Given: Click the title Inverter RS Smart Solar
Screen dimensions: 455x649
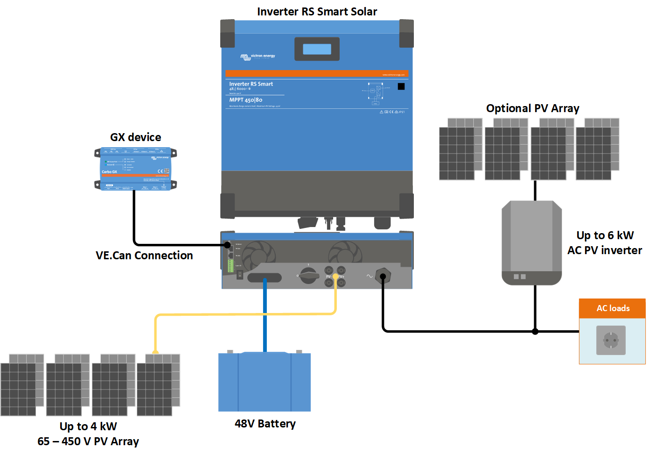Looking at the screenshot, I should tap(317, 12).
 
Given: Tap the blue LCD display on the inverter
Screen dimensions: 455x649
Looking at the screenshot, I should tap(317, 49).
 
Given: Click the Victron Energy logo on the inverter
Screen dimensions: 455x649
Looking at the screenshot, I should tap(258, 57).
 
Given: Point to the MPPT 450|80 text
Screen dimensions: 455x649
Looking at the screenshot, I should tap(246, 100).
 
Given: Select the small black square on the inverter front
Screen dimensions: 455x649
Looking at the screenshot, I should tap(401, 86).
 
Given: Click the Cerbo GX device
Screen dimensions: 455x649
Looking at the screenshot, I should tap(135, 169).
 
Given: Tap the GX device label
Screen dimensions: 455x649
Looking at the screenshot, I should tap(135, 137).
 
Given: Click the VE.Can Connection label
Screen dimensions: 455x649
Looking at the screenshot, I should tap(144, 256).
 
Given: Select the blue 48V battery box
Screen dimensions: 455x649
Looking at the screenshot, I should tap(265, 382).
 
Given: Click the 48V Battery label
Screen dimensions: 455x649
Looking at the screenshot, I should tap(265, 424).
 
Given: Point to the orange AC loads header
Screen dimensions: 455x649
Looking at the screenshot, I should tap(612, 308).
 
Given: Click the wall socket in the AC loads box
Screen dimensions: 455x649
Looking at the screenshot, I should tap(611, 341).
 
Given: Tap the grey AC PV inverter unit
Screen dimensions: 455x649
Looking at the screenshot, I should tap(531, 242).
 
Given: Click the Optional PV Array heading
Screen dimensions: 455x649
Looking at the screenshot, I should tap(532, 108).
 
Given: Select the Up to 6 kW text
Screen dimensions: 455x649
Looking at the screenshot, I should tap(605, 235).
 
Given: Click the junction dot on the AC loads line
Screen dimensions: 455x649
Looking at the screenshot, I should tap(535, 332).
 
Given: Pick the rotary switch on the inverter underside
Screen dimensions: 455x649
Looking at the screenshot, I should tap(308, 275).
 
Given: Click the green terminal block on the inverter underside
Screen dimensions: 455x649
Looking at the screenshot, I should tap(230, 266).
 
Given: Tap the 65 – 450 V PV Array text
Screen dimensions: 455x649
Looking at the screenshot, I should tap(88, 441).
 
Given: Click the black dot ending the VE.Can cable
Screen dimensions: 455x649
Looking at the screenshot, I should tap(227, 245).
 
